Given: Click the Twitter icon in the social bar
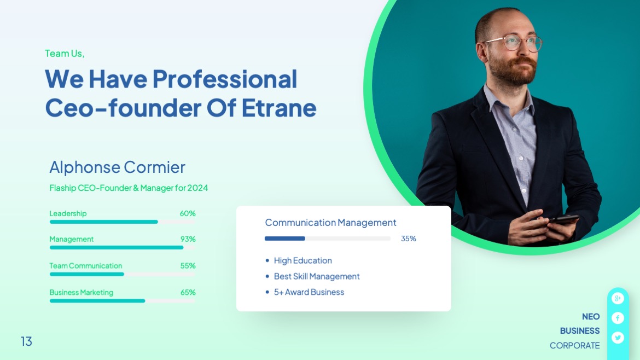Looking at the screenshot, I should coord(618,338).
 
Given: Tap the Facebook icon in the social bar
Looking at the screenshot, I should coord(618,318).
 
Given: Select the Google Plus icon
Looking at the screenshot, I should coord(618,298).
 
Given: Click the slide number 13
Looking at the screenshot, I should coord(26,341).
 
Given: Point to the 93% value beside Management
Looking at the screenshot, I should coord(188,239).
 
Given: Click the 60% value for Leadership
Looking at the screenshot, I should coord(188,213).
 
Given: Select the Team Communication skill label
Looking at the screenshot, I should coord(86,266).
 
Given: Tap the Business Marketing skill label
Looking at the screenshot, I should coord(82,292).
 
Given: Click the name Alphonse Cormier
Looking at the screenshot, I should coord(117,167).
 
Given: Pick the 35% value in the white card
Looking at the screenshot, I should coord(409,239).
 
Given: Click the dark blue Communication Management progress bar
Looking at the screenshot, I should coord(284,239).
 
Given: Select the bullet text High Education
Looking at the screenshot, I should coord(302,260).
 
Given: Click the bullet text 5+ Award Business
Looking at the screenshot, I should coord(309,292).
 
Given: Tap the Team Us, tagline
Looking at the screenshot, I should coord(65,54).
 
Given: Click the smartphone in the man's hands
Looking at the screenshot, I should coord(563,219).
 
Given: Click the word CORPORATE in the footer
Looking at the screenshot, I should coord(574,345).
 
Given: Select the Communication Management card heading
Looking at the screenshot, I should coord(330,223).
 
